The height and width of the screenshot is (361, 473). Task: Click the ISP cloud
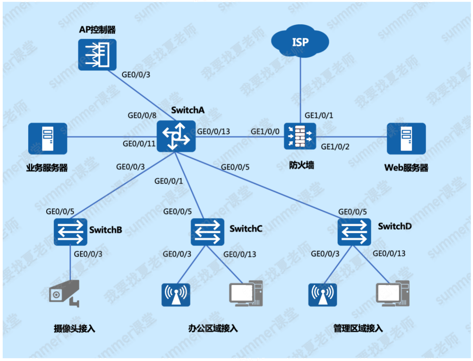300,41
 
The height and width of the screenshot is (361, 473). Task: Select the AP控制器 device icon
97,55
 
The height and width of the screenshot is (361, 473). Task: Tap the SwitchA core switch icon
176,136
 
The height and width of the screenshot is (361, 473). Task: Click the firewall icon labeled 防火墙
300,136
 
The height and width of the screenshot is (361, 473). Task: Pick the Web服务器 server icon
406,138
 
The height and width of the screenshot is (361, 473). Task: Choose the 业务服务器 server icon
47,138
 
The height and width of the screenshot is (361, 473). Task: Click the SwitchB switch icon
70,232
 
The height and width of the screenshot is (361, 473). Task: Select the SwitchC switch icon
207,232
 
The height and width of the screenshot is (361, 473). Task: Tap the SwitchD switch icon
354,232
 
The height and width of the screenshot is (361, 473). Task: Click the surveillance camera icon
64,293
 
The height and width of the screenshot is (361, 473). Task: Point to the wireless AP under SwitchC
176,295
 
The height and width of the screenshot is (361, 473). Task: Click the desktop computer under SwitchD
393,293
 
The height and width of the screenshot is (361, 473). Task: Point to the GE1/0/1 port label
319,116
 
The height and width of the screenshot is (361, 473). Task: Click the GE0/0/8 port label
142,116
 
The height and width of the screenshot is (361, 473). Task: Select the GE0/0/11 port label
139,144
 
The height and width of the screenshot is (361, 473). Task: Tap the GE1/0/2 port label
335,147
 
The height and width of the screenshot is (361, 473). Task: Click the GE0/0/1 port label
169,181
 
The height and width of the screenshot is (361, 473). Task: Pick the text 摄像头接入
74,329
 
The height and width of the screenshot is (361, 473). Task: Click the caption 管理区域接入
358,328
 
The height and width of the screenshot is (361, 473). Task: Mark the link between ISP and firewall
300,90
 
